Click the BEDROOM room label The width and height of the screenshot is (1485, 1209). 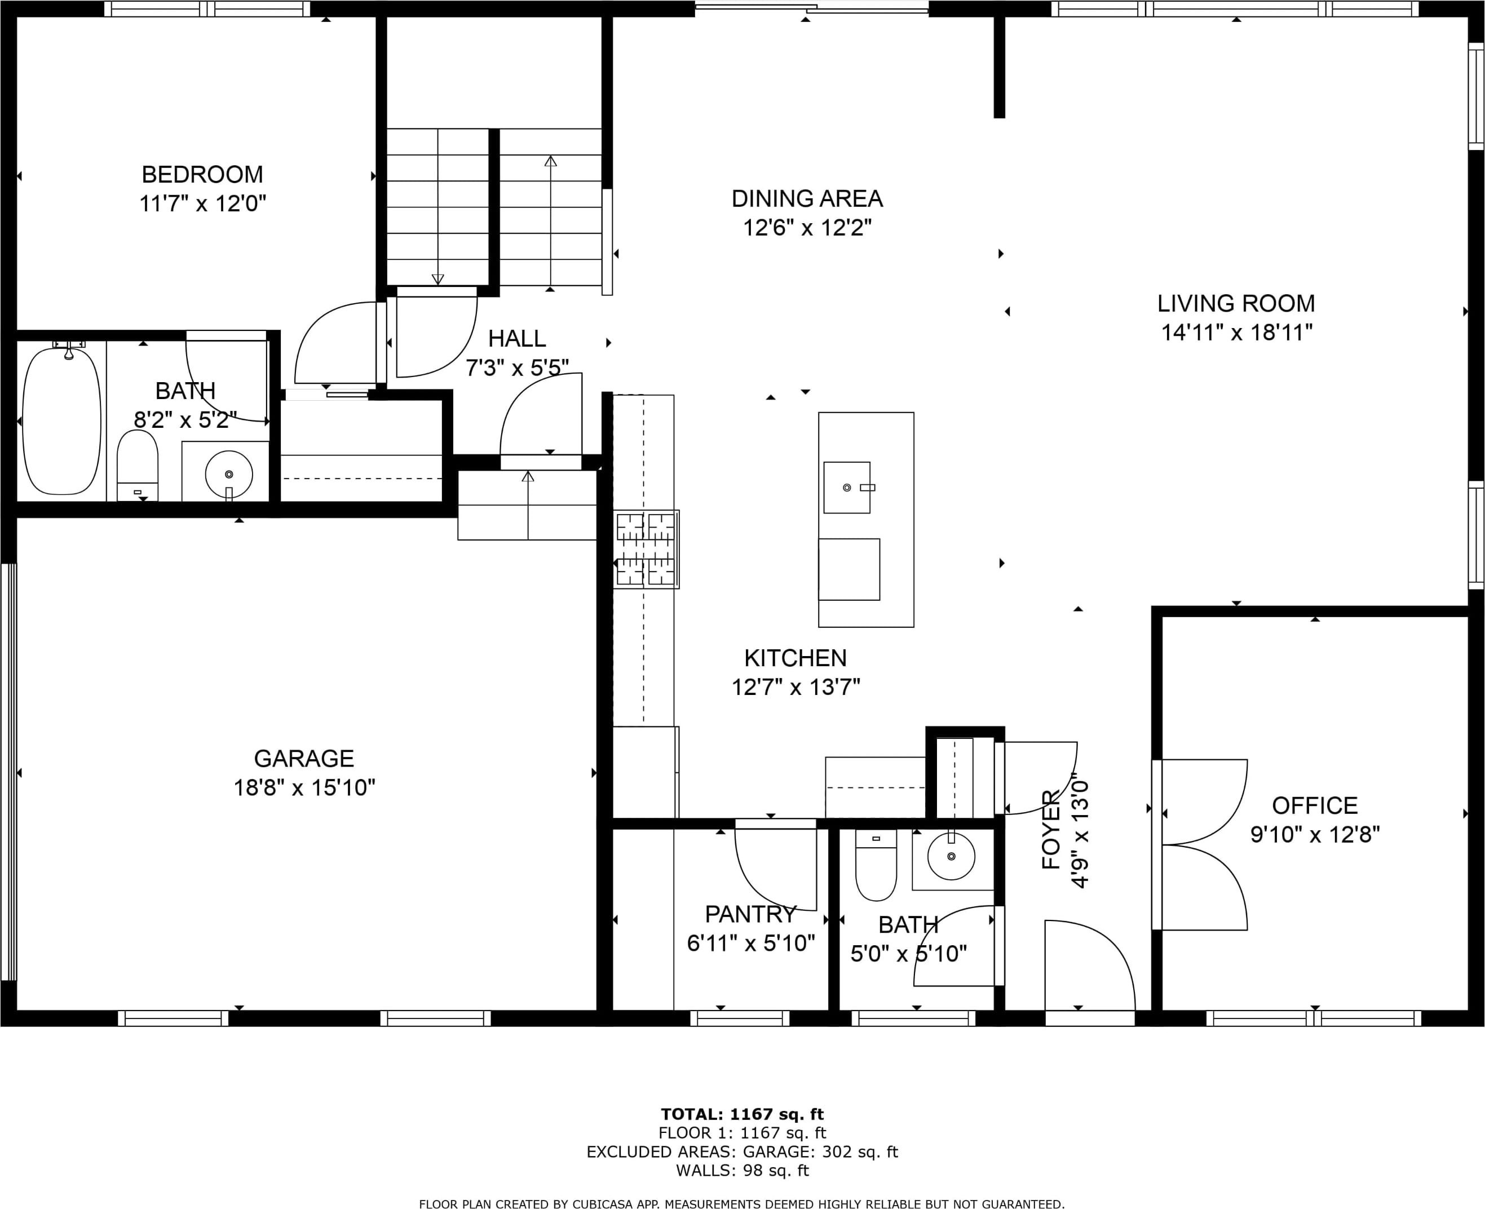[202, 174]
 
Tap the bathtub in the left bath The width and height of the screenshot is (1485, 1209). [62, 422]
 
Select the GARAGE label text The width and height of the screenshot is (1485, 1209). [304, 759]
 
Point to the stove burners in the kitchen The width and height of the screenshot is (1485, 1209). [646, 549]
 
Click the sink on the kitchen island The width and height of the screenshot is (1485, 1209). [847, 488]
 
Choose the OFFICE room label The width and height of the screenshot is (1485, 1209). [1314, 806]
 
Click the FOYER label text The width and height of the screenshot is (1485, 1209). [1050, 830]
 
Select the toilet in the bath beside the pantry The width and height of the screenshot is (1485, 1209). [876, 865]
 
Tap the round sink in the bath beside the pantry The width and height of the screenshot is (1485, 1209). [952, 857]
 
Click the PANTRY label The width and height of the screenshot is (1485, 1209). [750, 914]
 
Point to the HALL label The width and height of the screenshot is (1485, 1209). [517, 339]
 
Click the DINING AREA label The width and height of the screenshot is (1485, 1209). [807, 198]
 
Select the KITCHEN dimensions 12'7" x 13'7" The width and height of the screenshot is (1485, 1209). [795, 688]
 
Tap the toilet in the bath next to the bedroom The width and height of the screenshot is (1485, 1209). [137, 464]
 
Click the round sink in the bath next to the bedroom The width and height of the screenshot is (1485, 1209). [228, 474]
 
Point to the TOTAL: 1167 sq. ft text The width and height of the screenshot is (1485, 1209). [742, 1114]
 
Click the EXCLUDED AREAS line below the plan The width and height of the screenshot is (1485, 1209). [742, 1152]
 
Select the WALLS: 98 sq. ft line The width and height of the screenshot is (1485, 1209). [742, 1171]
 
